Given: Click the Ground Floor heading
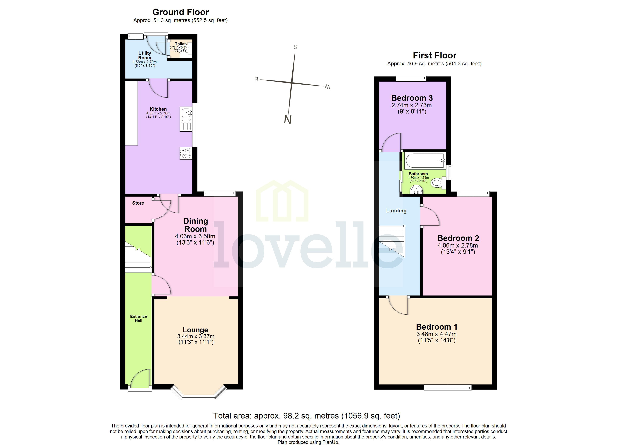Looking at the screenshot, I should (x=180, y=12).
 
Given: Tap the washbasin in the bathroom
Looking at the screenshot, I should (x=416, y=189).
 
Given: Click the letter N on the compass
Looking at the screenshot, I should (x=288, y=119).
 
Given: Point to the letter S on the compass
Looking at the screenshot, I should (x=295, y=47).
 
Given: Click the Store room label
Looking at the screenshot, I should (x=138, y=203).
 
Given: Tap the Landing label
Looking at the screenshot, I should (x=396, y=211).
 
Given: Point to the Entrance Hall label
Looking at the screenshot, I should (x=139, y=318).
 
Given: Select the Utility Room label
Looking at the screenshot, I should (x=145, y=55).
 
